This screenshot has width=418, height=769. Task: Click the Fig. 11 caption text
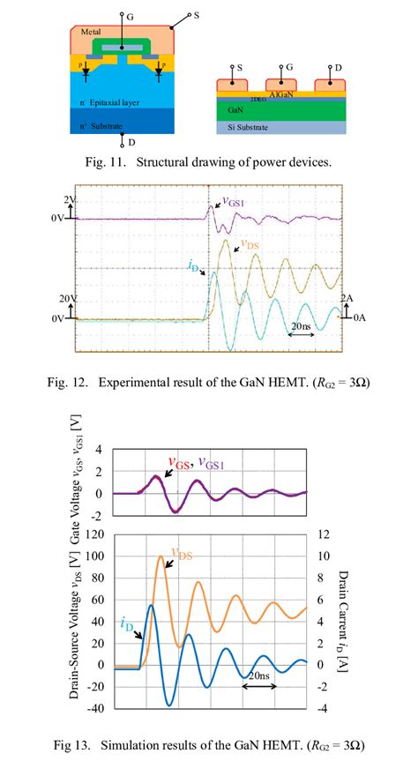pyautogui.click(x=208, y=161)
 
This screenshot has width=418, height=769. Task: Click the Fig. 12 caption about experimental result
pyautogui.click(x=208, y=382)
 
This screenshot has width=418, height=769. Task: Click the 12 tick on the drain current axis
pyautogui.click(x=323, y=535)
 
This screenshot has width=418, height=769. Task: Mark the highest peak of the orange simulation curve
pyautogui.click(x=160, y=556)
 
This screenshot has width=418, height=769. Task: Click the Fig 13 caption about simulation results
pyautogui.click(x=208, y=746)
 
